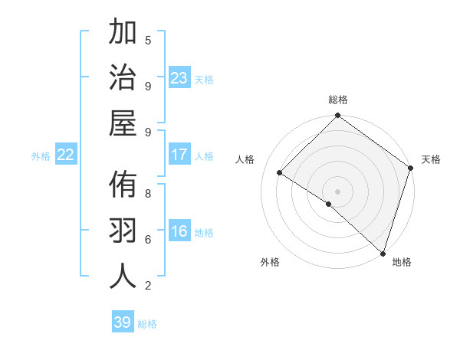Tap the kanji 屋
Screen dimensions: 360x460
[x=123, y=123]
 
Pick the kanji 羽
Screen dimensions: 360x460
[x=123, y=231]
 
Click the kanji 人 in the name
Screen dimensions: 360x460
[x=123, y=276]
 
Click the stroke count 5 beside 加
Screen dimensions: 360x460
[x=148, y=40]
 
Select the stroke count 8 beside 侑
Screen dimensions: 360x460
[x=148, y=193]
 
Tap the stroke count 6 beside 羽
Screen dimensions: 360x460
[x=148, y=239]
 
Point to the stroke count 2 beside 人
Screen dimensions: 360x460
[x=148, y=285]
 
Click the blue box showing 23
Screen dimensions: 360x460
[x=179, y=78]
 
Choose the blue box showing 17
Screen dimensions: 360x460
[x=179, y=155]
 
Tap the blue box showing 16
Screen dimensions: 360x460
[x=179, y=232]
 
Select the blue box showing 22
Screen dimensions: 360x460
[x=66, y=155]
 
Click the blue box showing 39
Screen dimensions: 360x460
[x=123, y=322]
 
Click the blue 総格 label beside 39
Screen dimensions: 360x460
[x=148, y=324]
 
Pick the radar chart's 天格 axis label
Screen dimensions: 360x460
[x=431, y=159]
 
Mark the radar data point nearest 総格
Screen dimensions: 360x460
[x=337, y=116]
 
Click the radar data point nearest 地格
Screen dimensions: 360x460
[x=382, y=253]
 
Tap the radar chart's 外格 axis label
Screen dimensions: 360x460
[x=270, y=263]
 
